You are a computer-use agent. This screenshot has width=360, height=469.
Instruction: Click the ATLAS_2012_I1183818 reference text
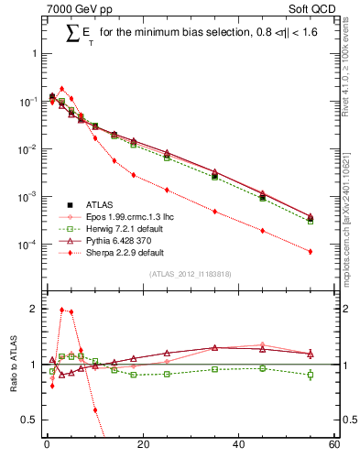point(191,274)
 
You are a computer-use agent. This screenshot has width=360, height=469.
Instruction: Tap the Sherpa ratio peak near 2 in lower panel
point(61,310)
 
